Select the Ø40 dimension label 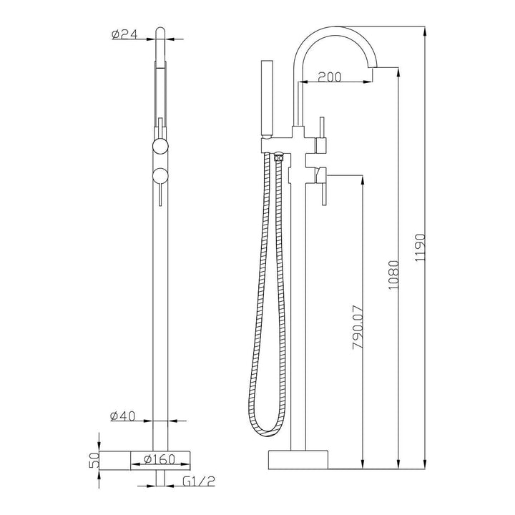pyautogui.click(x=124, y=415)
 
